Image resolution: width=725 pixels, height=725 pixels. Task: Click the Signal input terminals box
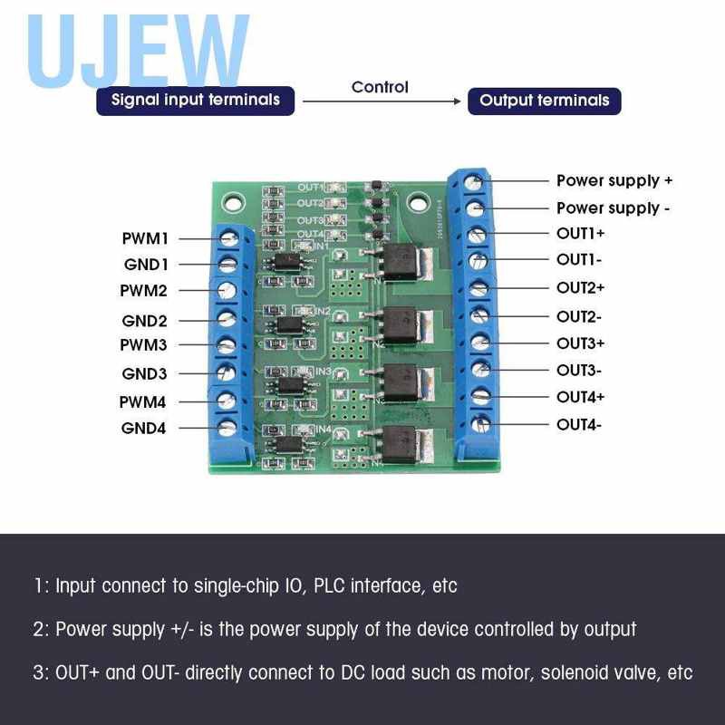[x=196, y=100]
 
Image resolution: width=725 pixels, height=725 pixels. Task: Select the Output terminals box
[x=544, y=101]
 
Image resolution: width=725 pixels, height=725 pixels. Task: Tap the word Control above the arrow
[x=380, y=87]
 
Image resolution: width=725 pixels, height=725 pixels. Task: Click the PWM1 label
[x=146, y=239]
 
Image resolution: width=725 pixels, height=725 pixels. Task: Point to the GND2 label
[x=145, y=321]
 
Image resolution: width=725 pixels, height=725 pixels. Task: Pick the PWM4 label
[x=143, y=401]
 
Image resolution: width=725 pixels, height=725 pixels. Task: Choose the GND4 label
[x=144, y=428]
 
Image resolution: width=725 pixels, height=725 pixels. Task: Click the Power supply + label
[x=614, y=181]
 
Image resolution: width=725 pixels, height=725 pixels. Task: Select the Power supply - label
[x=613, y=208]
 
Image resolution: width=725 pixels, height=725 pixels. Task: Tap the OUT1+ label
[x=580, y=234]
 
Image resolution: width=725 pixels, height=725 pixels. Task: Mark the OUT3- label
[x=579, y=370]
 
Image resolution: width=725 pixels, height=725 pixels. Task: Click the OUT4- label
[x=579, y=424]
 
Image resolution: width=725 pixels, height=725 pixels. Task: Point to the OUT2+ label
[x=580, y=288]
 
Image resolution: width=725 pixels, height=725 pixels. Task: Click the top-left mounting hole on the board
[x=234, y=205]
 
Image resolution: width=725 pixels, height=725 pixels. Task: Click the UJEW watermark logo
[x=136, y=50]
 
